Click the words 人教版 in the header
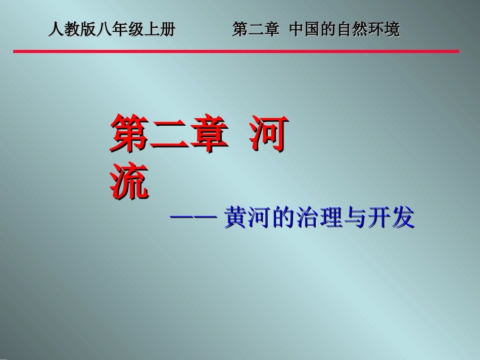click(72, 30)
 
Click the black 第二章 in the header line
click(256, 30)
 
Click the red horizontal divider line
click(236, 52)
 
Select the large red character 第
click(129, 134)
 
